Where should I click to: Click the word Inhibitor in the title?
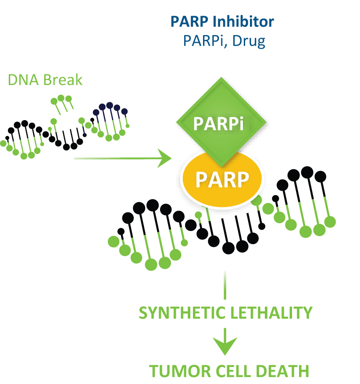[243, 21]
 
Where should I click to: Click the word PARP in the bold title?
[189, 21]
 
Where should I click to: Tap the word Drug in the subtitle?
[249, 41]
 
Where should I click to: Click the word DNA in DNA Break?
[23, 80]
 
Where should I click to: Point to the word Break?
[63, 80]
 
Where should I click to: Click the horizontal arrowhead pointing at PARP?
[164, 158]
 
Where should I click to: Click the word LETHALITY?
[271, 313]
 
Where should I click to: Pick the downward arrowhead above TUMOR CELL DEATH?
[225, 346]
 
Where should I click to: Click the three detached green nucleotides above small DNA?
[61, 105]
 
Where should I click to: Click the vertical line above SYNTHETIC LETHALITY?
[225, 285]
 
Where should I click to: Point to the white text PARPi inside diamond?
[219, 124]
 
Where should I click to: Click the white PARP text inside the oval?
[222, 180]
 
